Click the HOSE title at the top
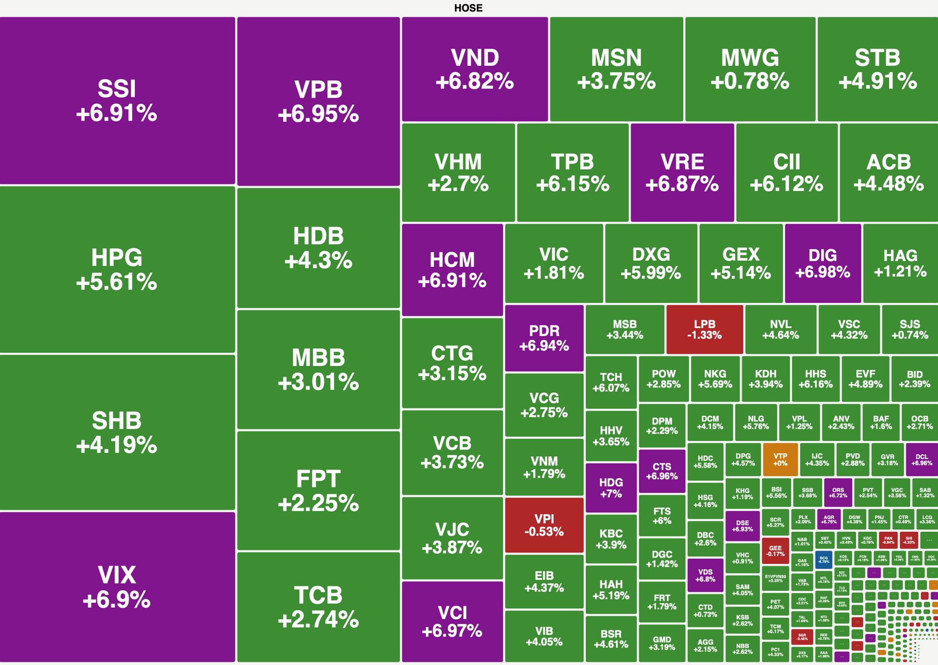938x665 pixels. tap(468, 8)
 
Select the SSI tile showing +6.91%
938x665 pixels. tap(117, 101)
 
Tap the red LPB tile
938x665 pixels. tap(704, 329)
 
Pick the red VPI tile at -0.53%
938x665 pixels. tap(544, 525)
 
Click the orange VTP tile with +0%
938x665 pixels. tap(780, 459)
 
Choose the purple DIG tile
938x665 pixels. tap(823, 263)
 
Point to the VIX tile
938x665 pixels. tap(117, 587)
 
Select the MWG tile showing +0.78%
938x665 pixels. tap(750, 69)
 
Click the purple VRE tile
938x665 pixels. tap(682, 172)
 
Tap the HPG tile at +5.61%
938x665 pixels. tap(117, 269)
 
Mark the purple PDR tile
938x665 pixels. tap(544, 338)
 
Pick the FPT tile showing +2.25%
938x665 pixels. tap(318, 491)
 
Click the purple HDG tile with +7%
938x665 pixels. tap(611, 488)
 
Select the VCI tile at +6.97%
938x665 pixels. tap(452, 622)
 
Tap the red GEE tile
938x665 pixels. tap(775, 551)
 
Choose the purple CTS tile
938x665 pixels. tap(662, 471)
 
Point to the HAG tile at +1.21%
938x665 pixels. tap(900, 263)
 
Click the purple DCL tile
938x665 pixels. tap(921, 459)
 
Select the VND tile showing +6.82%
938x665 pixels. tap(474, 69)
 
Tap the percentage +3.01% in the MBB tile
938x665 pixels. tap(318, 382)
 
